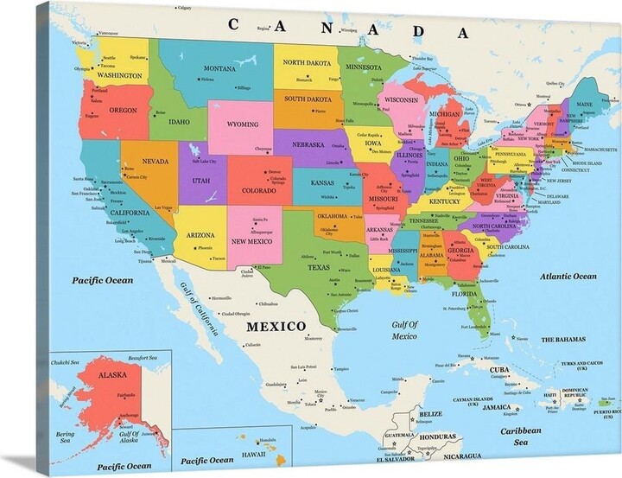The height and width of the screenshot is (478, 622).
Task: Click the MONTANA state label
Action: [219, 68]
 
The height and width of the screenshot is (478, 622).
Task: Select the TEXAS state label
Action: [319, 267]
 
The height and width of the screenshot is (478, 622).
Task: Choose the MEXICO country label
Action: [276, 326]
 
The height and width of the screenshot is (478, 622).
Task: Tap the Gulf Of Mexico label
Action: [404, 330]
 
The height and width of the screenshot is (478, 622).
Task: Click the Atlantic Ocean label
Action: [568, 277]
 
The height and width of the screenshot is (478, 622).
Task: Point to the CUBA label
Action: [499, 370]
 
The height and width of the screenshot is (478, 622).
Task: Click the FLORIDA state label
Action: [463, 294]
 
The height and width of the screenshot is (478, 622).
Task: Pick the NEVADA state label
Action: [155, 162]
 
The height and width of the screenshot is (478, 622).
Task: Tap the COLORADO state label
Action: [258, 190]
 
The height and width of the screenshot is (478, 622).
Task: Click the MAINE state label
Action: [585, 104]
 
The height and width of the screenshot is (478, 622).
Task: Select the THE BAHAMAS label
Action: [564, 340]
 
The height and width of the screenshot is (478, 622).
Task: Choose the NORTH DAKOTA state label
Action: [307, 63]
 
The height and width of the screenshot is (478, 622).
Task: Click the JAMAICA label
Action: [496, 406]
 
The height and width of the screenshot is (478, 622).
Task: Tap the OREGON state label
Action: [123, 111]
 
